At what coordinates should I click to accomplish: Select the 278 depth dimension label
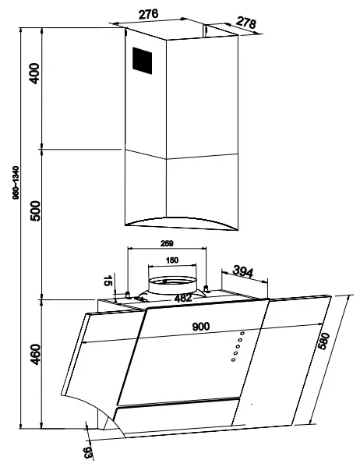245,24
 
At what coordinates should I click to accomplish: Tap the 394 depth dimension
243,271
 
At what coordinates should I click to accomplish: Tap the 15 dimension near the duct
108,281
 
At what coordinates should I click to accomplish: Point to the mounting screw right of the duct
206,289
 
